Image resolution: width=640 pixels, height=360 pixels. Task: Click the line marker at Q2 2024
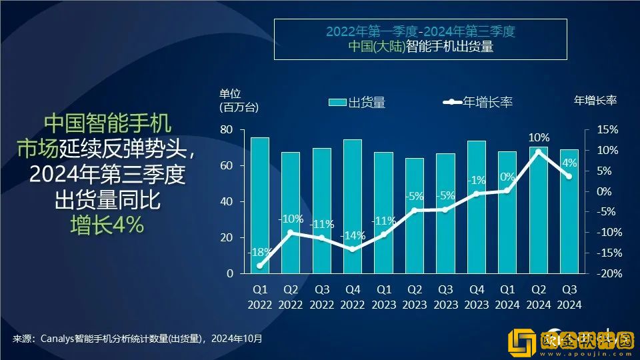[538, 151]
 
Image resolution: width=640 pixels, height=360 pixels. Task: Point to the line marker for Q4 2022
[353, 249]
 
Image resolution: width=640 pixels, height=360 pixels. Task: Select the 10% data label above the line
[539, 138]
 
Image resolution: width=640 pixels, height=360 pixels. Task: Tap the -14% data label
[352, 235]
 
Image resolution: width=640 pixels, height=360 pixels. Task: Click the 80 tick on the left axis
[227, 129]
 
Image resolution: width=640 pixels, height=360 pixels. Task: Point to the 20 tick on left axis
[227, 237]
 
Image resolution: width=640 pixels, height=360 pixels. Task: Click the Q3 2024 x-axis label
[569, 297]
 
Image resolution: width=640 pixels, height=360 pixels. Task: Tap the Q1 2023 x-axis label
[383, 297]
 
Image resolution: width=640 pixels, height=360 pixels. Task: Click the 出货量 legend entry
[357, 102]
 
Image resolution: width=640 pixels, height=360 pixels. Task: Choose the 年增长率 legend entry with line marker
[478, 102]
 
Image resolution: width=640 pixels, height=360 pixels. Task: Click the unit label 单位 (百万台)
[238, 100]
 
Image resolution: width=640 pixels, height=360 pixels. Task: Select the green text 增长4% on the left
[107, 225]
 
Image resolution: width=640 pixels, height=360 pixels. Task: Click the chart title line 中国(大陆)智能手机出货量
[420, 47]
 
